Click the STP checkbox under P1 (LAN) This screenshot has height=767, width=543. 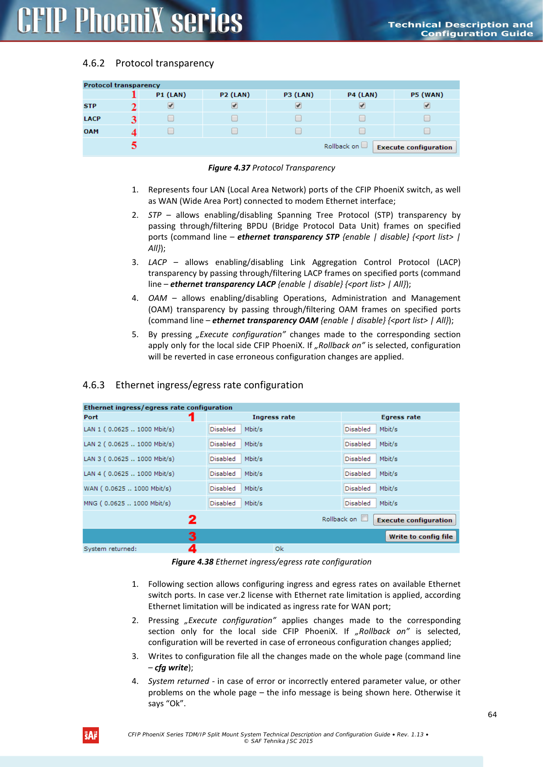(171, 105)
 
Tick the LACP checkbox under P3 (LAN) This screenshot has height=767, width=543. (298, 118)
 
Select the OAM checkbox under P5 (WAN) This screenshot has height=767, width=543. (427, 131)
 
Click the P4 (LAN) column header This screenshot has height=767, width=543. (362, 94)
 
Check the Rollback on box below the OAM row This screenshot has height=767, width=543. (364, 145)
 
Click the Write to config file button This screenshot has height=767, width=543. (420, 537)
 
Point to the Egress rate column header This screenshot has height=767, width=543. (401, 417)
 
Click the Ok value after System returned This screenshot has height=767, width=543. (279, 549)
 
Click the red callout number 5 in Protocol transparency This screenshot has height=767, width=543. (134, 145)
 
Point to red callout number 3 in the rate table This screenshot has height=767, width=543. (192, 537)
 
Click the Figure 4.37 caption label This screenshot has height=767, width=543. (229, 168)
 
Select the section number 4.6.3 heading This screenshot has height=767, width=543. (94, 385)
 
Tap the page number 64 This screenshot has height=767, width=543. (492, 715)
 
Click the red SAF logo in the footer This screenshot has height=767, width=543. (91, 735)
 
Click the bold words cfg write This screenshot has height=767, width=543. (171, 667)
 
